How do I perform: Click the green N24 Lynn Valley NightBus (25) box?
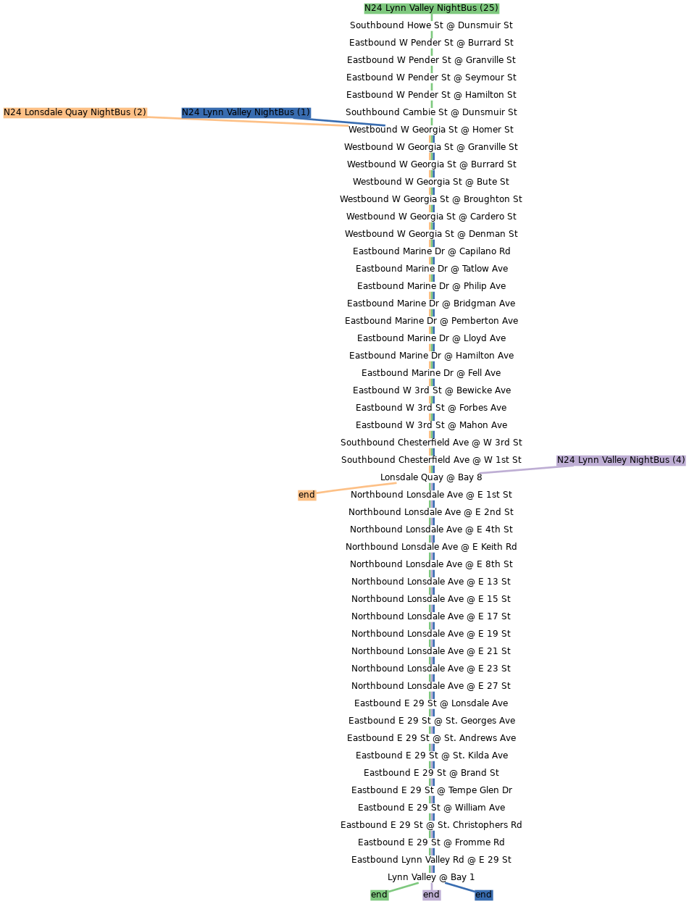point(431,8)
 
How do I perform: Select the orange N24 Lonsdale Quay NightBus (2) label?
point(75,112)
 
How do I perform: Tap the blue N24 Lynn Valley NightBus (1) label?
point(246,112)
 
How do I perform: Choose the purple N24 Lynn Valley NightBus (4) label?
point(621,460)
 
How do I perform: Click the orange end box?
point(306,495)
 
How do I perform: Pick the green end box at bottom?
point(379,895)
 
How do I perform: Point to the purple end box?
point(431,895)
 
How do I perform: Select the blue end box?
point(483,895)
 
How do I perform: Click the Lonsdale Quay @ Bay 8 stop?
point(431,477)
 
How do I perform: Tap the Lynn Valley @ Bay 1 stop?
point(431,877)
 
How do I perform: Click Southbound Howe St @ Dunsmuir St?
point(431,25)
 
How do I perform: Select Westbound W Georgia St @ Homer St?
point(431,130)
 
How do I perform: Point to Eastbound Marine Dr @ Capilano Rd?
point(431,251)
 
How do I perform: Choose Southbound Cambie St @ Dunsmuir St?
point(431,112)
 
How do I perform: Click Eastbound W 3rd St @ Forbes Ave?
point(431,408)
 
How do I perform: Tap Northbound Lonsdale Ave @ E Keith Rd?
point(431,547)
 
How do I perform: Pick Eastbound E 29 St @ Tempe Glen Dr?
point(431,790)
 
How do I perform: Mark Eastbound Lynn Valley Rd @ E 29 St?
point(431,860)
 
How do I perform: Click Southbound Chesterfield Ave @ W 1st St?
point(431,460)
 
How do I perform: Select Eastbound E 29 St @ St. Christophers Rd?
point(431,825)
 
